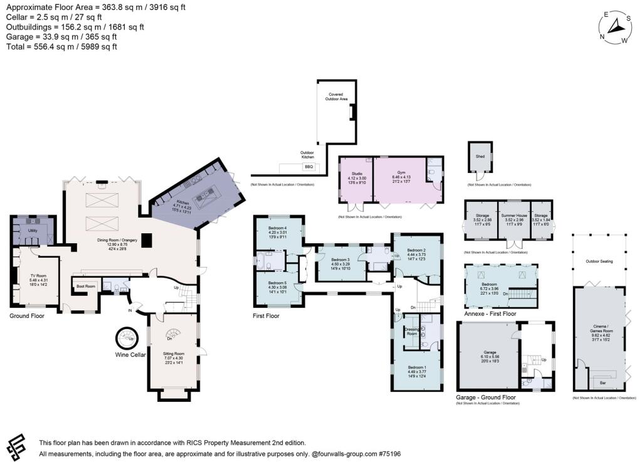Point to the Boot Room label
85,286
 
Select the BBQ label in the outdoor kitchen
308,167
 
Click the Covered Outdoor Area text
336,97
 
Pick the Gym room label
402,172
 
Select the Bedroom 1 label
416,367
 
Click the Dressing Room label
412,332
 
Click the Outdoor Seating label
600,261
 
